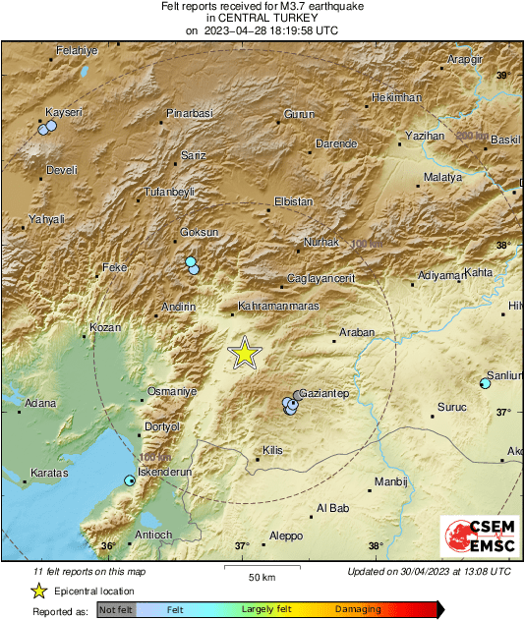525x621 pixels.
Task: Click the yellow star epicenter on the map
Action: coord(245,353)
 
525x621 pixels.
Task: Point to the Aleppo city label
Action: coord(286,536)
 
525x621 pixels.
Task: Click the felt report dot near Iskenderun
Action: coord(129,480)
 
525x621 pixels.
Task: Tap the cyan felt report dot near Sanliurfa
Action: coord(484,383)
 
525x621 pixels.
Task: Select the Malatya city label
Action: coord(442,177)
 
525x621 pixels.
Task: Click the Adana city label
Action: coord(40,403)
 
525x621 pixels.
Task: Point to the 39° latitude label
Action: coord(502,76)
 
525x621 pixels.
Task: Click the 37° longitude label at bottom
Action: coord(242,546)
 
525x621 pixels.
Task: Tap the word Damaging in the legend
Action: coord(358,610)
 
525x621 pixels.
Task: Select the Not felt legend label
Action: coord(117,610)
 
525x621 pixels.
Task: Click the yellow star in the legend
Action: coord(38,591)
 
